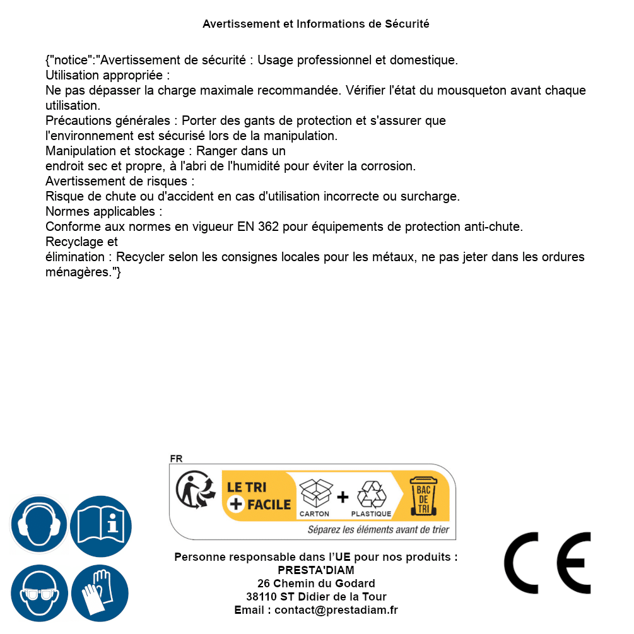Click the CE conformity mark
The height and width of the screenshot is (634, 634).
(548, 563)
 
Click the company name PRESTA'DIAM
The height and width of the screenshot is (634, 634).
(316, 570)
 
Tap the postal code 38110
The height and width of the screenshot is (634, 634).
(261, 597)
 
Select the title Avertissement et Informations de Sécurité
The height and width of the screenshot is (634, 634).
(316, 24)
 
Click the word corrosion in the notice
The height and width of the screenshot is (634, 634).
(389, 166)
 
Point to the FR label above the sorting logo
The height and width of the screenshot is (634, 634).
(176, 459)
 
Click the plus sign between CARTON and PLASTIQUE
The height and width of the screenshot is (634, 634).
(343, 497)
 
